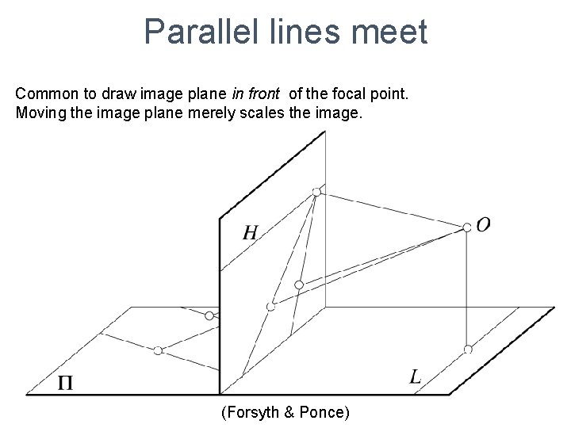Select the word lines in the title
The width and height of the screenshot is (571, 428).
pyautogui.click(x=299, y=32)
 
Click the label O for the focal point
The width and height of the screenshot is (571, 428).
pyautogui.click(x=483, y=225)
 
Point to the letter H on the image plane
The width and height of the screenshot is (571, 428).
pyautogui.click(x=250, y=232)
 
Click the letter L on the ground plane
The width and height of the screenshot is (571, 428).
pyautogui.click(x=415, y=377)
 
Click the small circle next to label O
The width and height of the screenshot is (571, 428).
pyautogui.click(x=467, y=227)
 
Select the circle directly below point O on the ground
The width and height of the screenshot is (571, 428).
pyautogui.click(x=468, y=349)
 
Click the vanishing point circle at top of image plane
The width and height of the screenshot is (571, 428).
pyautogui.click(x=316, y=192)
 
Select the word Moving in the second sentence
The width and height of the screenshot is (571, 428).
pyautogui.click(x=38, y=113)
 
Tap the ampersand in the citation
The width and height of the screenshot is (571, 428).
pyautogui.click(x=286, y=412)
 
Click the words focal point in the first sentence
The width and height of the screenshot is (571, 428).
pyautogui.click(x=374, y=94)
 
